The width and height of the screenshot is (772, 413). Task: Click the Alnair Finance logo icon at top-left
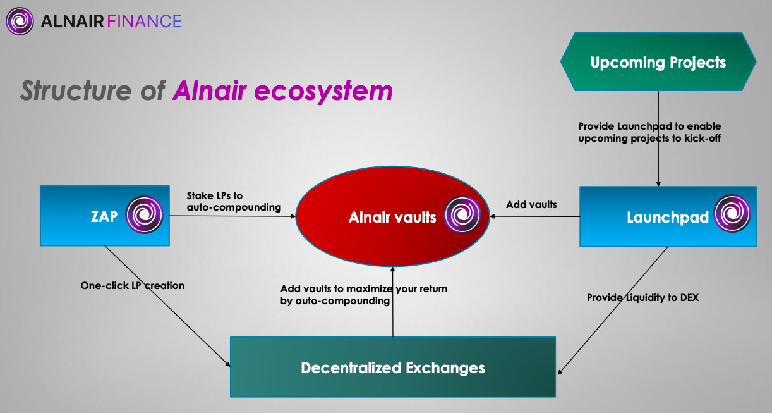pos(20,21)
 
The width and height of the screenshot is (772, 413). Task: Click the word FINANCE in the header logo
pos(145,22)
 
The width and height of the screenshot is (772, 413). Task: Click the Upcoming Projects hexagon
pos(658,63)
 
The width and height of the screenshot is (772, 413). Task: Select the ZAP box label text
pos(104,216)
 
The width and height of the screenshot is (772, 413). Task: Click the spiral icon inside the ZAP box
pos(144,215)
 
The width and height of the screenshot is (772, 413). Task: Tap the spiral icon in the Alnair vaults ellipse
pos(462,215)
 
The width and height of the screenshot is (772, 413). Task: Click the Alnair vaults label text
pos(392,218)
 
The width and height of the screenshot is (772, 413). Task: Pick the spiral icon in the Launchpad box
pos(732,215)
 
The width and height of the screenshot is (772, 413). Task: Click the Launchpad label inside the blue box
pos(666,218)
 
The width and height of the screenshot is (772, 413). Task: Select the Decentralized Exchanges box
pos(392,367)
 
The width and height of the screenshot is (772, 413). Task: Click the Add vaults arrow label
pos(531,204)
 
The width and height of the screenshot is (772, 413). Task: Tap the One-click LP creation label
pos(132,285)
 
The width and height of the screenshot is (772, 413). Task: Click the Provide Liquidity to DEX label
pos(642,297)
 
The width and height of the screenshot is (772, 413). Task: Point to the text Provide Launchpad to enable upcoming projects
pos(649,132)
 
